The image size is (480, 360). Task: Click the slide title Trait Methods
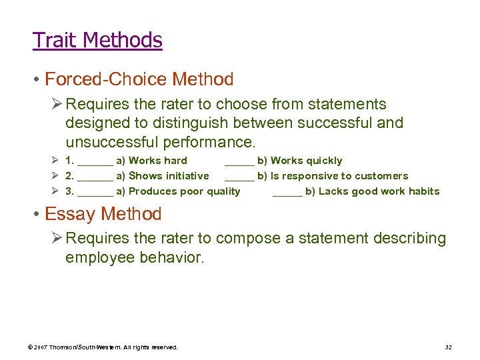coord(97,41)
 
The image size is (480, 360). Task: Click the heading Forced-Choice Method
coord(139,80)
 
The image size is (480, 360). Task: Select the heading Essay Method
coord(103,214)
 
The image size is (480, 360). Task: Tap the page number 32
coord(448,347)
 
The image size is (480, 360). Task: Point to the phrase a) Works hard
coord(151,161)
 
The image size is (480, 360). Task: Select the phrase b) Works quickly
coord(299,161)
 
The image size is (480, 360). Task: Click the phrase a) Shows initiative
coord(162,176)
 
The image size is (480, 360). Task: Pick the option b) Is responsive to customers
coord(332,176)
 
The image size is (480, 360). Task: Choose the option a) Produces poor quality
coord(178,191)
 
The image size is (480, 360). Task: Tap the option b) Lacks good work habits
coord(372,191)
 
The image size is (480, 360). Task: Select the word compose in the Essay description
coord(243,238)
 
